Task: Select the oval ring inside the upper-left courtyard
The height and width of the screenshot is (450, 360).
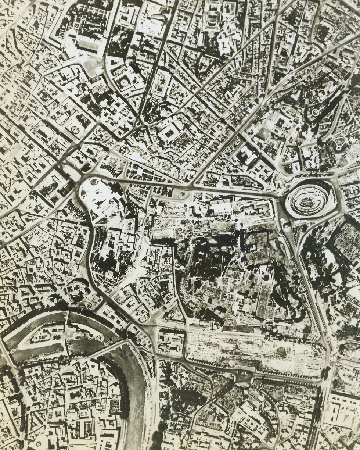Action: (75, 129)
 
